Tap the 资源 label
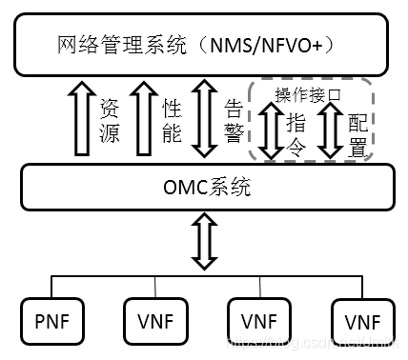click(x=110, y=122)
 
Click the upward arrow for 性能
click(x=143, y=119)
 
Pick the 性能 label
click(x=172, y=122)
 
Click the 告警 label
click(x=231, y=122)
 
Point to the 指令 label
click(x=296, y=133)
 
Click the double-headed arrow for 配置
click(x=330, y=131)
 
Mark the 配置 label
click(x=357, y=133)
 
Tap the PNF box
click(x=51, y=318)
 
